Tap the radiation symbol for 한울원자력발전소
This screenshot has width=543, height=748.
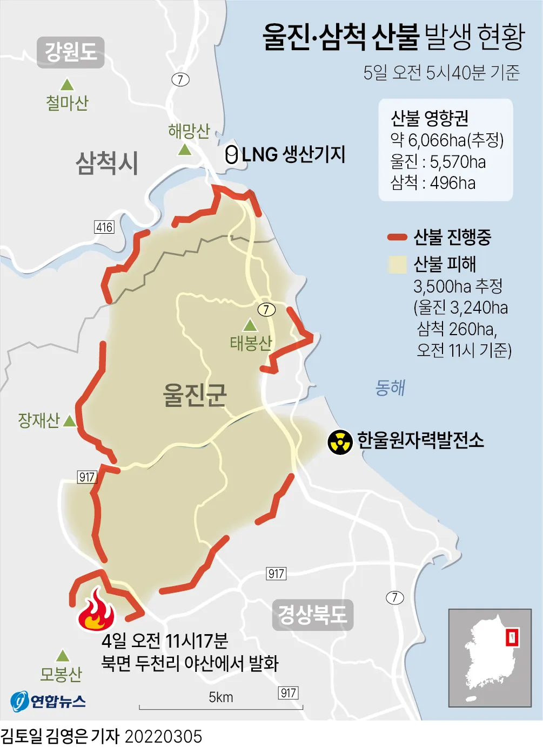pos(340,442)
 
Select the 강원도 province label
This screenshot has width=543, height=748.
pos(71,52)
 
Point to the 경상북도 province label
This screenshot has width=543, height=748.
pos(312,615)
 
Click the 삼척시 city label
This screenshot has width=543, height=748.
pos(107,162)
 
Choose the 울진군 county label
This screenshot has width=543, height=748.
pos(195,395)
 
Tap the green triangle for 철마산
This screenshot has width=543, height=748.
pos(67,85)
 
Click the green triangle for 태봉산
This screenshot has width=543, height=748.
pos(250,325)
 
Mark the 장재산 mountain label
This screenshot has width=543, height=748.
pos(38,420)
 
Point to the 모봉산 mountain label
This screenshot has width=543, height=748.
pos(61,674)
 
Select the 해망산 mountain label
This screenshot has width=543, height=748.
pos(189,131)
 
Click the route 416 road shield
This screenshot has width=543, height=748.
pos(104,227)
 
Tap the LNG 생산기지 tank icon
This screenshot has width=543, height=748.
pos(231,155)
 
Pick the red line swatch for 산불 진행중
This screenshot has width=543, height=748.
pos(397,237)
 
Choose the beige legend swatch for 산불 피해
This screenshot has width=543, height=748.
pos(397,264)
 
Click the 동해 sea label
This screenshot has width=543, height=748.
pos(390,387)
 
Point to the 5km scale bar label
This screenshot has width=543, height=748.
pos(221,697)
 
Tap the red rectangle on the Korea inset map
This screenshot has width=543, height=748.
pos(512,637)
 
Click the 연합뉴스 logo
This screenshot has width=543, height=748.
pos(48,701)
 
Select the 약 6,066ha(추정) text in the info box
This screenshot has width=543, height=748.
pos(447,140)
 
